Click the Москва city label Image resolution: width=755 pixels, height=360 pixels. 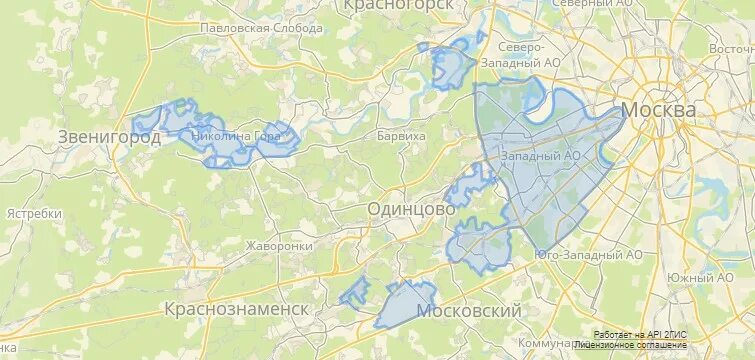(x=659, y=109)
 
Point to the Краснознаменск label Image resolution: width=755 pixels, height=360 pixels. (x=236, y=308)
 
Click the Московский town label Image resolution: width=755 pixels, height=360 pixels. (x=469, y=312)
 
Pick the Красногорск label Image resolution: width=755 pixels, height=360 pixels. (x=398, y=6)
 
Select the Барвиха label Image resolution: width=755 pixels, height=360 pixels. (x=401, y=135)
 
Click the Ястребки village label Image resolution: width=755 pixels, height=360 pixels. (x=34, y=214)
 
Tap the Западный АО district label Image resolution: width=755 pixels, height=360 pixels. (x=540, y=156)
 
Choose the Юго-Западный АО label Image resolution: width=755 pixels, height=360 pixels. (x=589, y=255)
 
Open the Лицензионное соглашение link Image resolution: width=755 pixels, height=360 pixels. (x=638, y=344)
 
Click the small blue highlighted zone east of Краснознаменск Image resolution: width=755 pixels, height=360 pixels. (x=354, y=294)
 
